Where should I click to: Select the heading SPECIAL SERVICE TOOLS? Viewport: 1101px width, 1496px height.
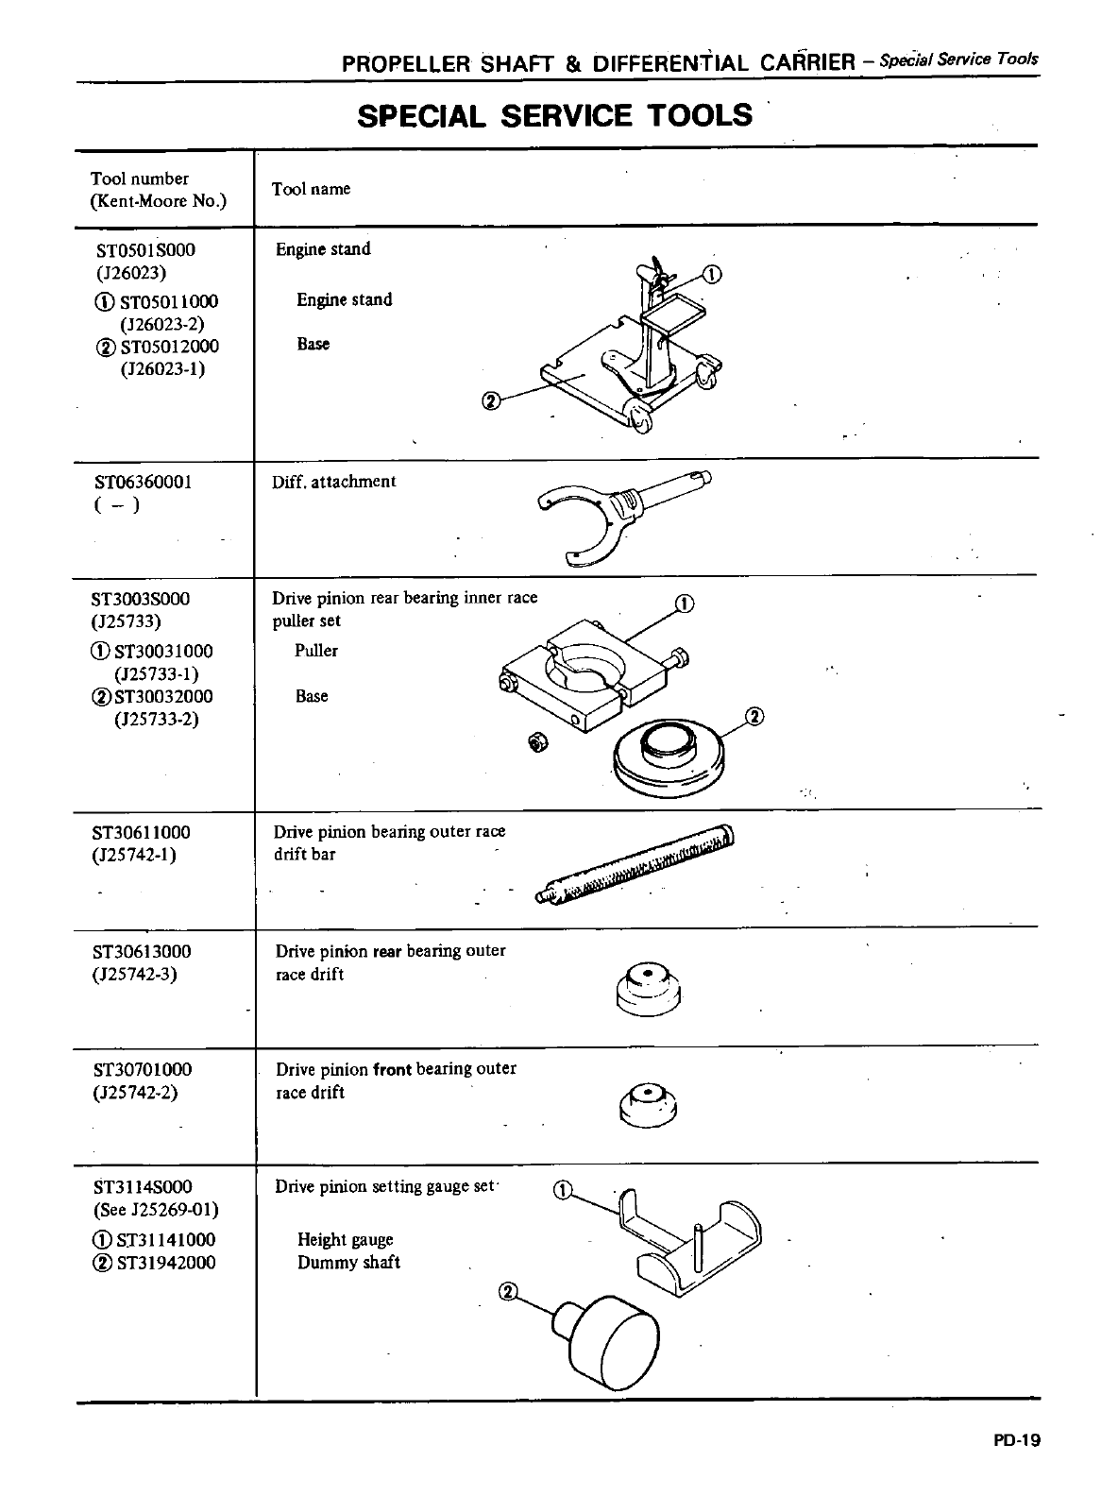(x=555, y=115)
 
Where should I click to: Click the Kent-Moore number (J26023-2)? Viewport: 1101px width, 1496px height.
(x=162, y=324)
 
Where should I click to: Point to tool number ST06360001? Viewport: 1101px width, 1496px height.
(x=144, y=482)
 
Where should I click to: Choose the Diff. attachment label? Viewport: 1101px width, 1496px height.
(x=333, y=482)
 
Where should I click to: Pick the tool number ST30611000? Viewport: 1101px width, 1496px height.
(x=142, y=832)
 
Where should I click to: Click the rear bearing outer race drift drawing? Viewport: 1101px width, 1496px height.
(x=648, y=986)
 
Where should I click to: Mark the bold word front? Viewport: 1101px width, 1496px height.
(x=393, y=1069)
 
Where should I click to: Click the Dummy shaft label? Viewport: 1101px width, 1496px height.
(x=348, y=1263)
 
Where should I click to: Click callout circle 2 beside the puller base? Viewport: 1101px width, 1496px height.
(x=754, y=716)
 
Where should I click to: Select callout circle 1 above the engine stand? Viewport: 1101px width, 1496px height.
(x=712, y=275)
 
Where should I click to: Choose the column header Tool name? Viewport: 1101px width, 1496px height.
(x=311, y=189)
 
